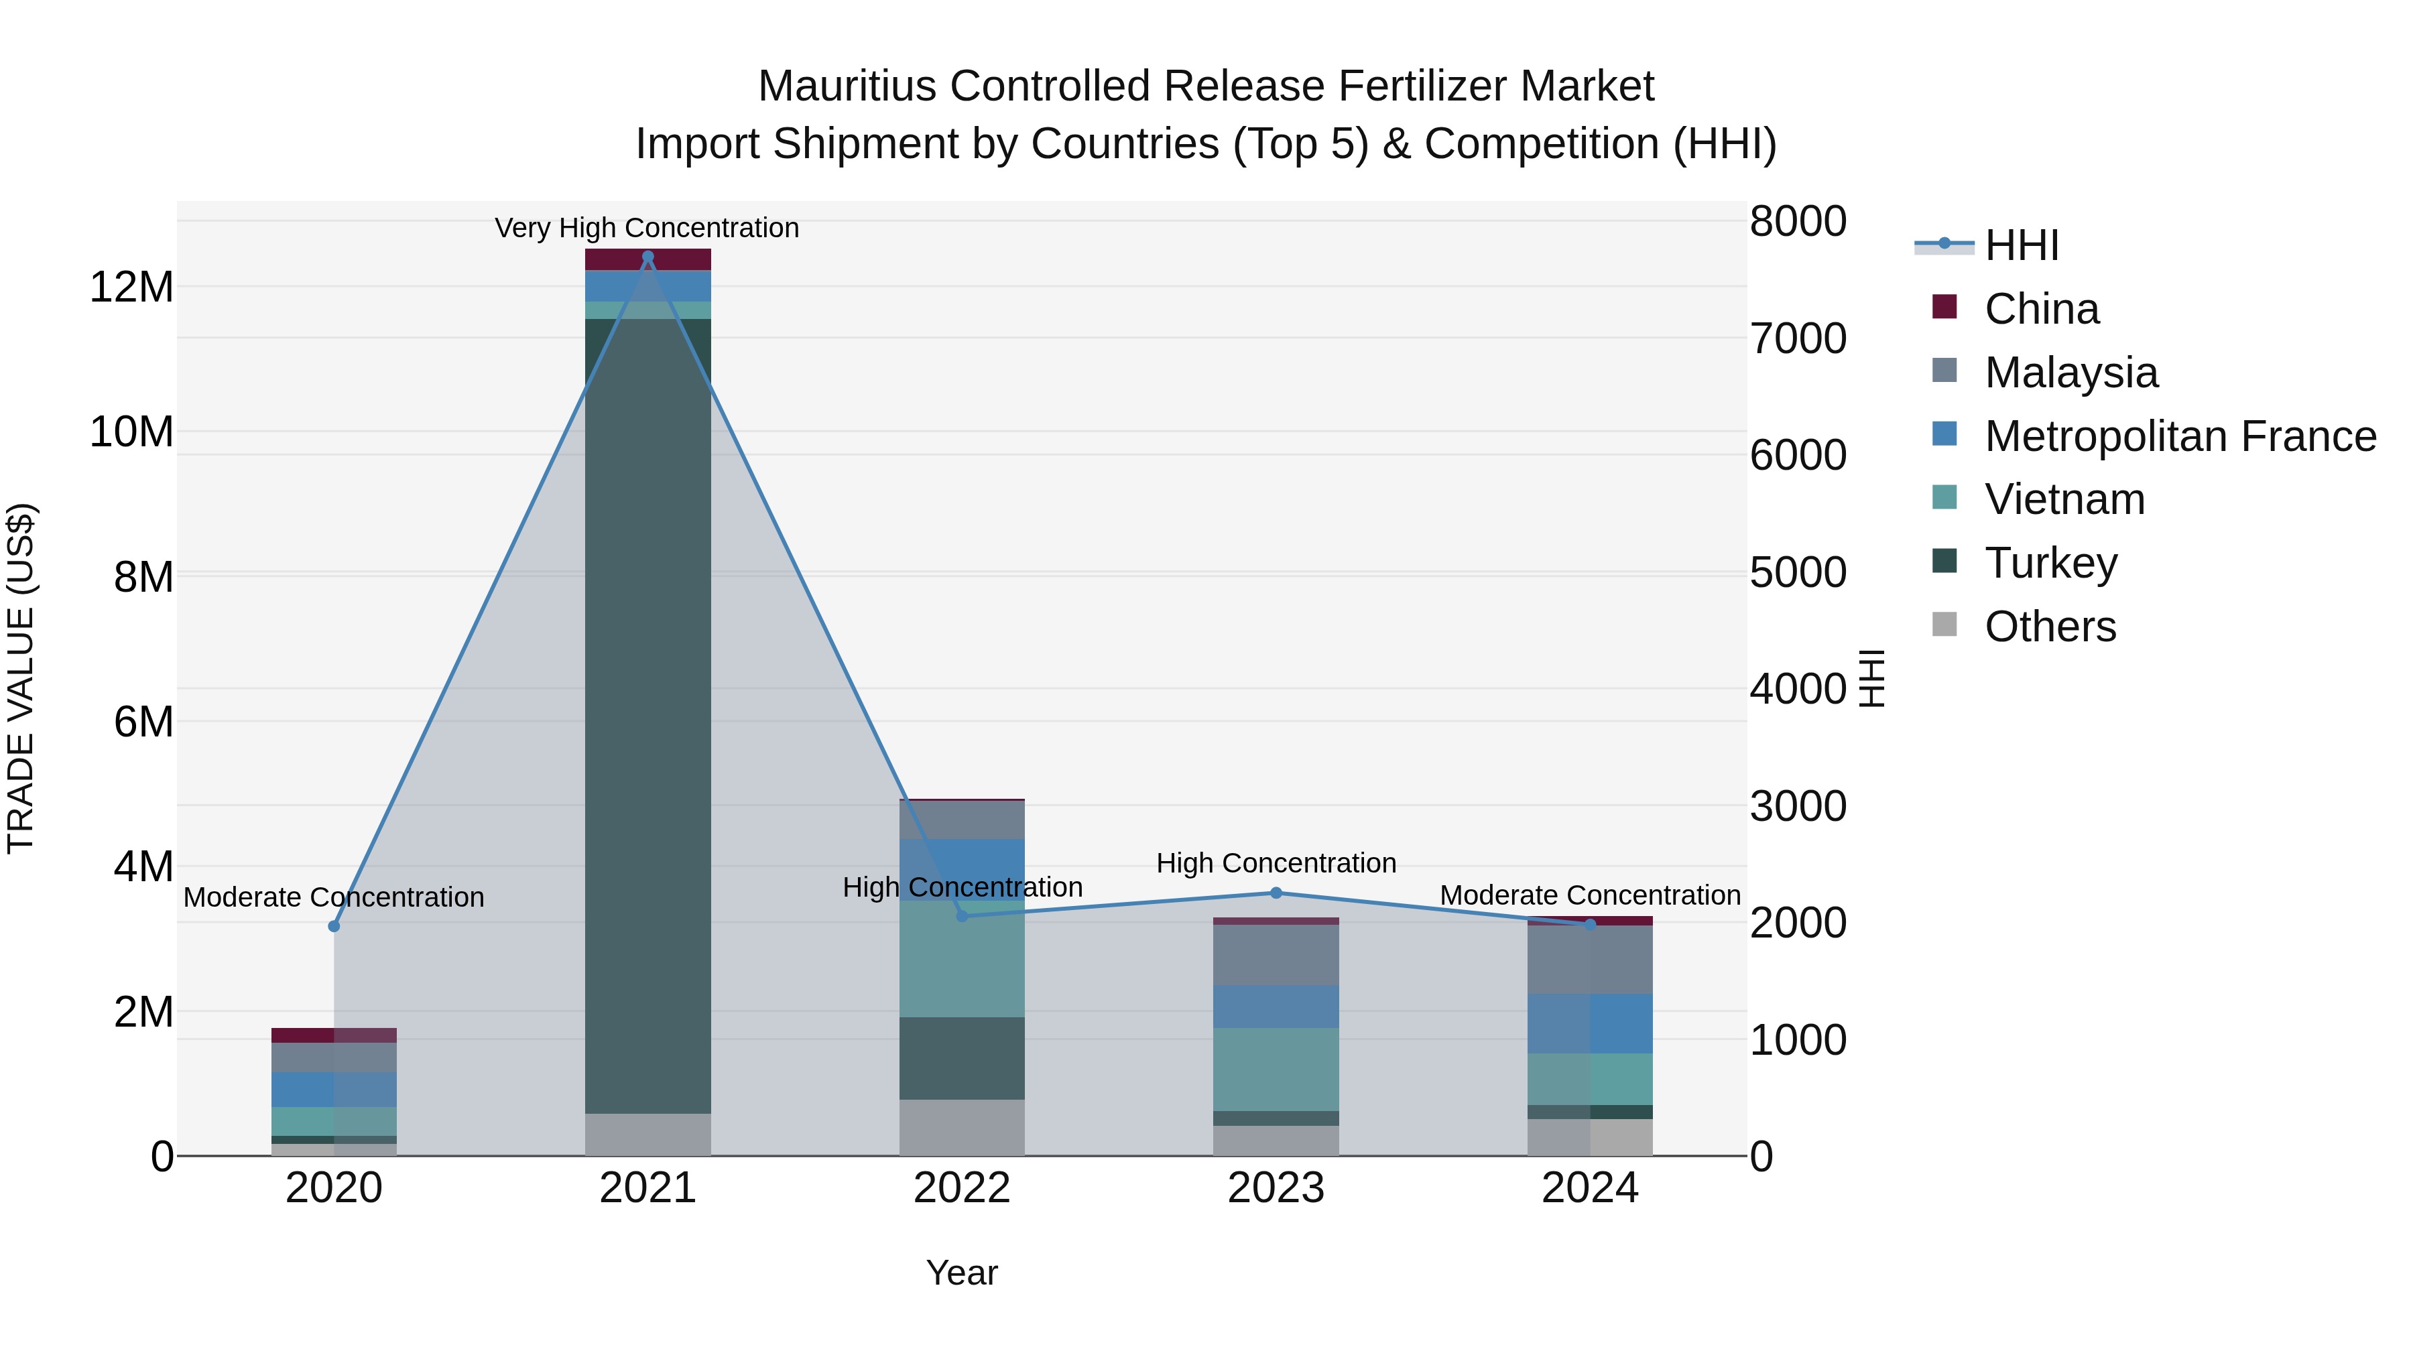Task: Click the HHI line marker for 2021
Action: point(647,257)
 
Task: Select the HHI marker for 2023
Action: point(1276,893)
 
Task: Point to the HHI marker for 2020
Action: point(334,926)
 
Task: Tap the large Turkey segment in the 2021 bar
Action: point(647,712)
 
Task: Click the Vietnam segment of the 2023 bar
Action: point(1276,1069)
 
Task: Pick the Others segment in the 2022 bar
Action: point(962,1128)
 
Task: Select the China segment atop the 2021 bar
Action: point(647,259)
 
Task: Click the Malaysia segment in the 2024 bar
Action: point(1590,959)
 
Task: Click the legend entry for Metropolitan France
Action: point(2180,436)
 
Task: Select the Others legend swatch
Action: point(1944,625)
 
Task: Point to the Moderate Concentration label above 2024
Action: point(1590,895)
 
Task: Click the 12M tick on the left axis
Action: point(131,287)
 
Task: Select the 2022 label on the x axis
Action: point(962,1188)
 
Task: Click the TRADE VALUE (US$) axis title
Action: point(21,678)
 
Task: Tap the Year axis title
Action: point(962,1273)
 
